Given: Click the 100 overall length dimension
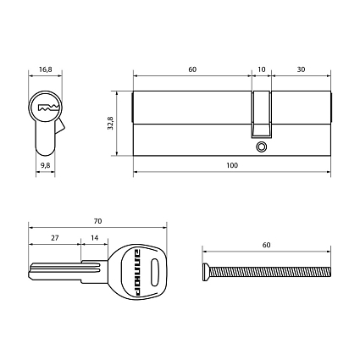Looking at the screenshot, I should pyautogui.click(x=232, y=165).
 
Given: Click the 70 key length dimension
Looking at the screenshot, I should pyautogui.click(x=98, y=221).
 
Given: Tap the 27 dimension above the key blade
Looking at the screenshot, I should pyautogui.click(x=54, y=239).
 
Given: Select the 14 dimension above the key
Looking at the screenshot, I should pyautogui.click(x=94, y=239).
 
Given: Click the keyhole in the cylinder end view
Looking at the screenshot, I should pyautogui.click(x=46, y=108).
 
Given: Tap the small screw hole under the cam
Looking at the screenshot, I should pyautogui.click(x=262, y=147).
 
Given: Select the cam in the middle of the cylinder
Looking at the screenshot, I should pyautogui.click(x=262, y=114).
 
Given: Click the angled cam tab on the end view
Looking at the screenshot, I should pyautogui.click(x=60, y=128).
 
